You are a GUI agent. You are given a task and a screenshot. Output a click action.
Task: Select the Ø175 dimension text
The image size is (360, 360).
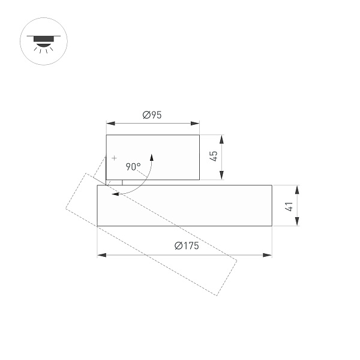186,246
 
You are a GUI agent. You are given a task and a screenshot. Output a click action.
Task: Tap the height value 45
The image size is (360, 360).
213,157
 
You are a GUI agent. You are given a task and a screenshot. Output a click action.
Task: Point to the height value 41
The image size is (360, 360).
289,206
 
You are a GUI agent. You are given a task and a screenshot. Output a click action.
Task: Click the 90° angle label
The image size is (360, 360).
133,167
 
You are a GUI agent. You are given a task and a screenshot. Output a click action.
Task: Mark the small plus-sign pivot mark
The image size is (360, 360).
114,157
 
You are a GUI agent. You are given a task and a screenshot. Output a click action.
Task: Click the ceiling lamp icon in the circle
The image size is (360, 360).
44,41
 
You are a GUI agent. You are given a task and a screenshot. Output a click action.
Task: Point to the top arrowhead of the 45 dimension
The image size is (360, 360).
221,139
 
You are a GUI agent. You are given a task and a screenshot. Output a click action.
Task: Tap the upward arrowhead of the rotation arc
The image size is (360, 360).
152,158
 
